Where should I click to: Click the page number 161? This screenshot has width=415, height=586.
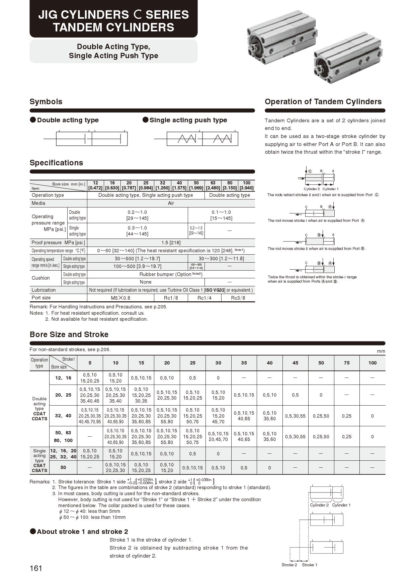point(36,568)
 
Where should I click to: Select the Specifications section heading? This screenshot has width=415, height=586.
point(56,163)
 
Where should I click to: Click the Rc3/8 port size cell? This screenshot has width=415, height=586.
point(238,298)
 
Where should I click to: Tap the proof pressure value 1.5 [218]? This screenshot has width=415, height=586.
point(171,243)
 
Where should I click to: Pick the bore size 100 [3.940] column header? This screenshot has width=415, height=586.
point(247,185)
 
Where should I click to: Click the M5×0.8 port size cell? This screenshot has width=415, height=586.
point(120,298)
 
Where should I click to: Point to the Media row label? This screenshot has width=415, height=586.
point(38,203)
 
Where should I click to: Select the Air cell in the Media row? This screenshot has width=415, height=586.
point(171,203)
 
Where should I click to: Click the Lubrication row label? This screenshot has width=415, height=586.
point(44,290)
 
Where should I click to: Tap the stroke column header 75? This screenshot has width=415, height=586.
point(346,363)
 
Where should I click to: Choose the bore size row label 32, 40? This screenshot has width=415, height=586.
point(63,416)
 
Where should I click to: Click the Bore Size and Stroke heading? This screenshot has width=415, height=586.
point(69,334)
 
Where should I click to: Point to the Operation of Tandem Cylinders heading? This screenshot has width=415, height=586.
point(323,102)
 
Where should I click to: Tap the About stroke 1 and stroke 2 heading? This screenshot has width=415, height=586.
point(82,532)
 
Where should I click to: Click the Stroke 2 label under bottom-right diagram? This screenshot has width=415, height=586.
point(289,565)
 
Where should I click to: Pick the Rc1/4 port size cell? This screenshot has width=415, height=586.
point(204,298)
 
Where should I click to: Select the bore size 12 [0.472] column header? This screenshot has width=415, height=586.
point(95,185)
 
